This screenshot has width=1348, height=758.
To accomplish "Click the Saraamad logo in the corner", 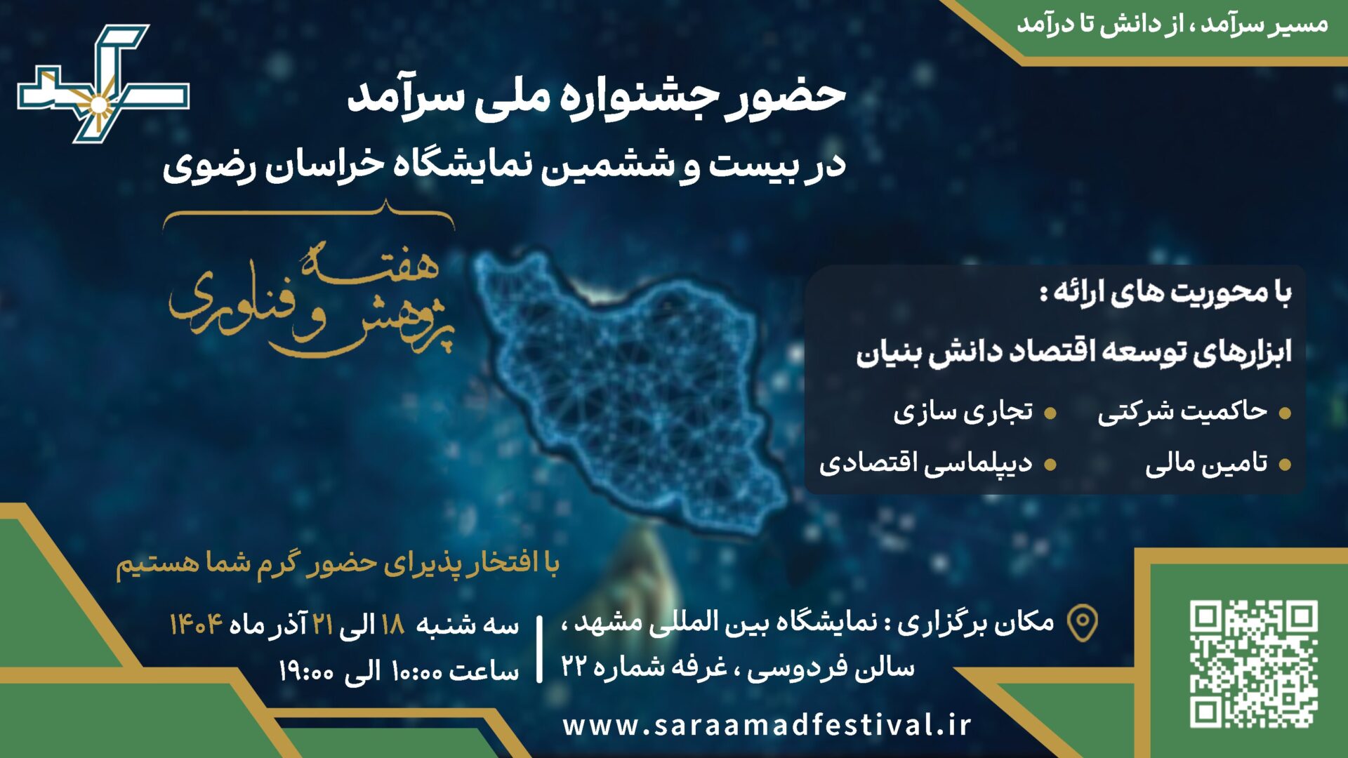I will point(103,84).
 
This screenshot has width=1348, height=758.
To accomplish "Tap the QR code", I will point(1253,663).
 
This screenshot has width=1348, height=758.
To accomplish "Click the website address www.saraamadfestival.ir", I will point(767,725).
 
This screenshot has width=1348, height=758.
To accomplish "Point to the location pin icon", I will point(1082,623).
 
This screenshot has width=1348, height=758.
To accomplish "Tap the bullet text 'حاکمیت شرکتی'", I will point(1182,412).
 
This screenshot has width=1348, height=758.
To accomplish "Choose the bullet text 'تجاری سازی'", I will point(963,412).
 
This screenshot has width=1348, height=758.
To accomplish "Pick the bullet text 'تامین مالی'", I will point(1206,464).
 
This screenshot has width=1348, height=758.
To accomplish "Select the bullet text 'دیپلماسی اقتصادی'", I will point(925,464).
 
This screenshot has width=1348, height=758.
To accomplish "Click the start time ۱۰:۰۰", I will point(416,672).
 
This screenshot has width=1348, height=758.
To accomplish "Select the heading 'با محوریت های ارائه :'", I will point(1165,293).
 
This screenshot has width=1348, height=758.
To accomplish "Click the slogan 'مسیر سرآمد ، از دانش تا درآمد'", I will point(1172,25).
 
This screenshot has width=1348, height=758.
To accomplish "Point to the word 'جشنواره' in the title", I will point(635,97).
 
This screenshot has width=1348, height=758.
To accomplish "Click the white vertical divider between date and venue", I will point(539,649).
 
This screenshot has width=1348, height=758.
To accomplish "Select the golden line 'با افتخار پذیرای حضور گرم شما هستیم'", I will point(337,564).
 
